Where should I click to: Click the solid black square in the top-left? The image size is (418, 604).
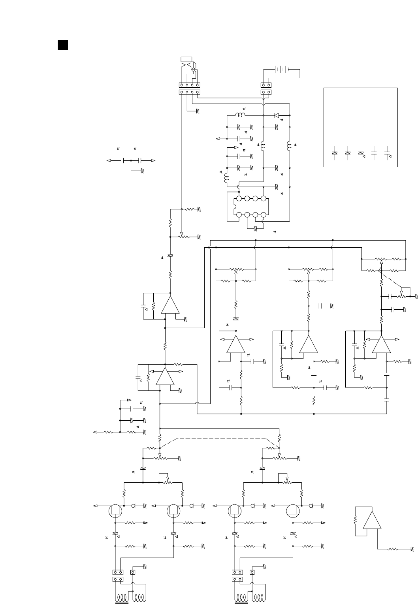coord(62,45)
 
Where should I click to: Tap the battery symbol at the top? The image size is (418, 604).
coord(281,70)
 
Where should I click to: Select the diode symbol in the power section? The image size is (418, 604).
coord(277,115)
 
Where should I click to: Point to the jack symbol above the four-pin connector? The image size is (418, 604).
coord(188,65)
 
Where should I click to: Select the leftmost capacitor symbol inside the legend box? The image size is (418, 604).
coord(335,153)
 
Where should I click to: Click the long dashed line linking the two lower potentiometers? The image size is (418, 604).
coord(221,438)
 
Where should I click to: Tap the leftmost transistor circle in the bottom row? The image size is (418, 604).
coord(115,511)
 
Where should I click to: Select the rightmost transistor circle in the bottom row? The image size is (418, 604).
coord(293,511)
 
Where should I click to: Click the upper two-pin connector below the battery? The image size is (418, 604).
coord(266,85)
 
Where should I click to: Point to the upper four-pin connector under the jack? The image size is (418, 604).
coord(189,85)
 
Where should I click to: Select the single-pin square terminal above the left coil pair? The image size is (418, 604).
coord(133,572)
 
